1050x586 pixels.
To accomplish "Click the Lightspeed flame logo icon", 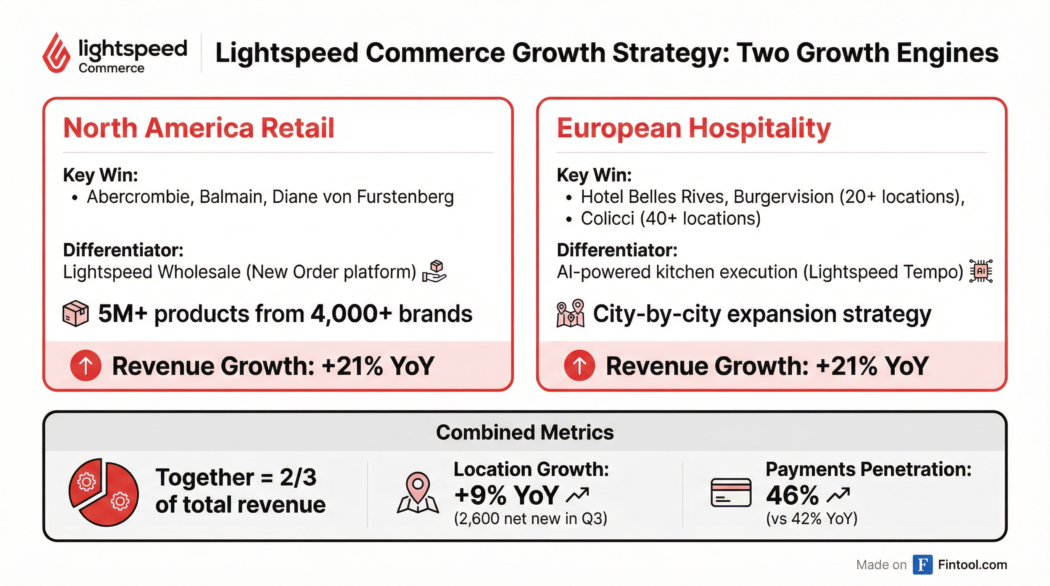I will tap(56, 53).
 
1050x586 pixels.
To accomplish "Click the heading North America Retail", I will tap(198, 128).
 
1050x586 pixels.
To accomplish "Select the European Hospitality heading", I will tap(693, 128).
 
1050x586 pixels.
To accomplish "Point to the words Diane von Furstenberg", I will tap(362, 197).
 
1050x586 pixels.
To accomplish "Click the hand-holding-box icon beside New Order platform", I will tap(434, 271).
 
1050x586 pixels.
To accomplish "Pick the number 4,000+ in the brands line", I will tap(351, 314).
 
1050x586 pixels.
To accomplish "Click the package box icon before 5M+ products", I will tap(76, 314).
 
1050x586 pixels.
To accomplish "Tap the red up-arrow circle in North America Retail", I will tap(85, 365).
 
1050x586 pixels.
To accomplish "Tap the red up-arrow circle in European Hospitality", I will tap(579, 365).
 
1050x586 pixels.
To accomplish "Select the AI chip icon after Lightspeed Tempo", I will tap(981, 271).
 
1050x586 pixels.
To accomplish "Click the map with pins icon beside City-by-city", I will tap(570, 314).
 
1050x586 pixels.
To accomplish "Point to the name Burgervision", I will tap(783, 197).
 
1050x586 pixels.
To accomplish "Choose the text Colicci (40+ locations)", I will tap(670, 219).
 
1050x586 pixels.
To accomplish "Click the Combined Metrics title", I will tap(525, 432).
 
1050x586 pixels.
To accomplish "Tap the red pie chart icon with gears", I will tap(103, 493).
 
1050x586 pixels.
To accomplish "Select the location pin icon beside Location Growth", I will tap(418, 493).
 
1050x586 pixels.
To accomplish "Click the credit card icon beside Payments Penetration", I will tap(731, 493).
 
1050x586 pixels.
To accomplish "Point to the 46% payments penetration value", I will tap(792, 496).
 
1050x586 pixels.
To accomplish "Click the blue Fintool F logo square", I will tap(923, 565).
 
